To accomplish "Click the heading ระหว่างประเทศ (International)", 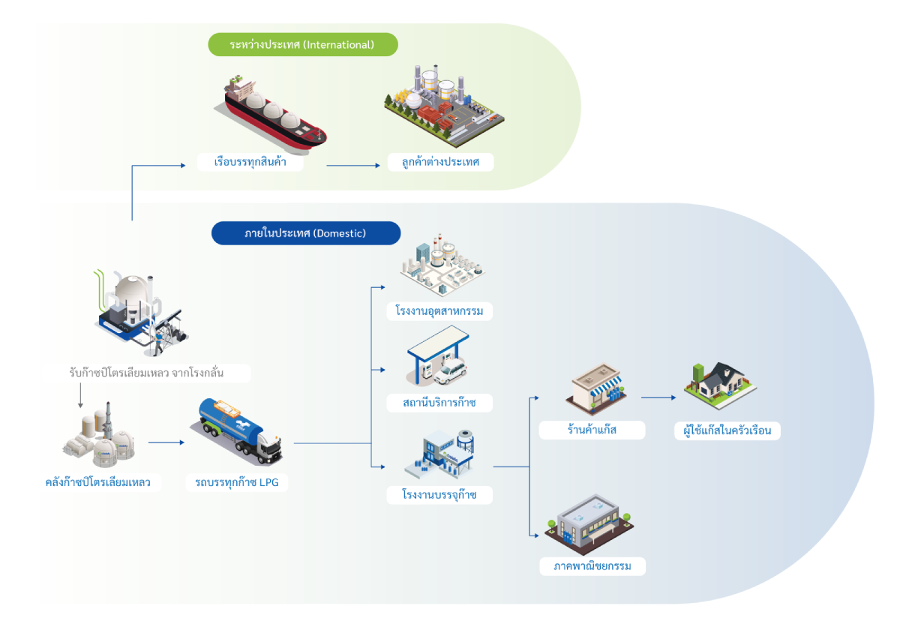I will pos(301,45).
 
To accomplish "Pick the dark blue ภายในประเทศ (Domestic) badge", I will pos(305,233).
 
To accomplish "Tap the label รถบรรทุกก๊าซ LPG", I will pos(237,482).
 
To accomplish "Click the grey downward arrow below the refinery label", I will pos(80,396).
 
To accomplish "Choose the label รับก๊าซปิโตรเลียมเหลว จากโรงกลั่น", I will pos(145,373).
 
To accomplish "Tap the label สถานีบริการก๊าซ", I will pos(440,403).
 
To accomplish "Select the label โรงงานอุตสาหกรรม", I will pos(439,310).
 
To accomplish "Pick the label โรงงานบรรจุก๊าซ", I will pos(439,495).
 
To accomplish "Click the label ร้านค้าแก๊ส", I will pos(592,430).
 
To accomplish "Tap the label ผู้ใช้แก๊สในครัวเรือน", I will pos(727,430).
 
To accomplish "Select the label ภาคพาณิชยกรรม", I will pos(592,565).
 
